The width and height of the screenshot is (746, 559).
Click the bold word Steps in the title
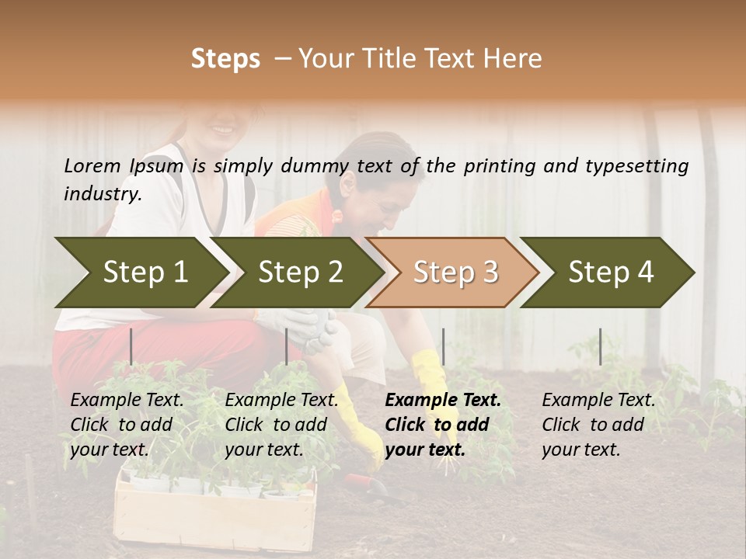coord(225,59)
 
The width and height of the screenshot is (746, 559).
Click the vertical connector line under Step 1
coord(131,346)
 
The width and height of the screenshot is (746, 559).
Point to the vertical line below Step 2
coord(287,346)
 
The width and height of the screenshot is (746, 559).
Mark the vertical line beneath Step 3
coord(443,346)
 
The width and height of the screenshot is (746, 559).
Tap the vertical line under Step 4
coord(600,346)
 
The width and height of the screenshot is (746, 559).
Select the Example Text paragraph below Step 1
coord(127,425)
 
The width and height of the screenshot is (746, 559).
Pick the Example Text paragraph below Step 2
coord(281,425)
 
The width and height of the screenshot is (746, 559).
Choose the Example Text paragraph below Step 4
coord(598,425)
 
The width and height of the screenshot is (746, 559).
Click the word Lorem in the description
coord(92,165)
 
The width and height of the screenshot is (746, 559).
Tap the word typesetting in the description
coord(636,165)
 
